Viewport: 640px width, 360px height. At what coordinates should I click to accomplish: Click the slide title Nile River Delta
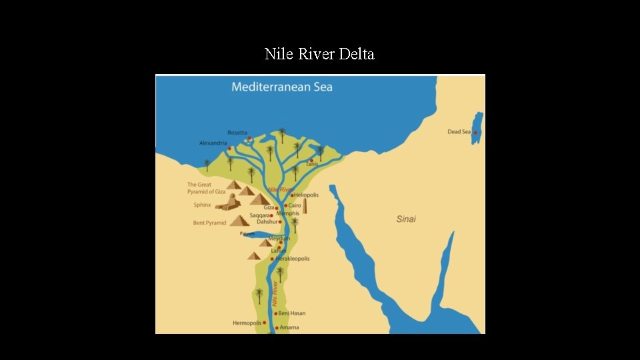coord(319,54)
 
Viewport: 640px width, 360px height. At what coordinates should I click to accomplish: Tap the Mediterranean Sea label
coord(281,87)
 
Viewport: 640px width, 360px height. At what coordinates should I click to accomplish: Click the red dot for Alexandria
coord(229,148)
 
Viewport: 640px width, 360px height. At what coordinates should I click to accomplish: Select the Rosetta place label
coord(237,133)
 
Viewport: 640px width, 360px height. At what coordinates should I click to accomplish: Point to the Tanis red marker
coord(311,159)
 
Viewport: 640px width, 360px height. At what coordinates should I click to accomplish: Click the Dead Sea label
coord(459,132)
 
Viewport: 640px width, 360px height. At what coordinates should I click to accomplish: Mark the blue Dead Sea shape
coord(477,127)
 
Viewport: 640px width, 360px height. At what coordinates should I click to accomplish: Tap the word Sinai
coord(406,219)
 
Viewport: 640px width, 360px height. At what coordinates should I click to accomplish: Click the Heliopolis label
coord(307,195)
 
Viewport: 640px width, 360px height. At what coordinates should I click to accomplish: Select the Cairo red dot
coord(286,205)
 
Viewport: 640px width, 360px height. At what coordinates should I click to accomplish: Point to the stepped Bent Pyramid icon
coord(239,221)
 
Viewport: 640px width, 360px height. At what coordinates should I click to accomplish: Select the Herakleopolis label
coord(293,259)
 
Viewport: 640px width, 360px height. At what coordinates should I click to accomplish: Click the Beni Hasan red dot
coord(275,313)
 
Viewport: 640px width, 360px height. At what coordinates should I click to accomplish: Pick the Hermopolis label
coord(247,323)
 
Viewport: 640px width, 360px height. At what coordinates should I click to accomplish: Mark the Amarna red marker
coord(277,328)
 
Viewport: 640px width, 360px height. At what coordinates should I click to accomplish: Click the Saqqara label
coord(259,215)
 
